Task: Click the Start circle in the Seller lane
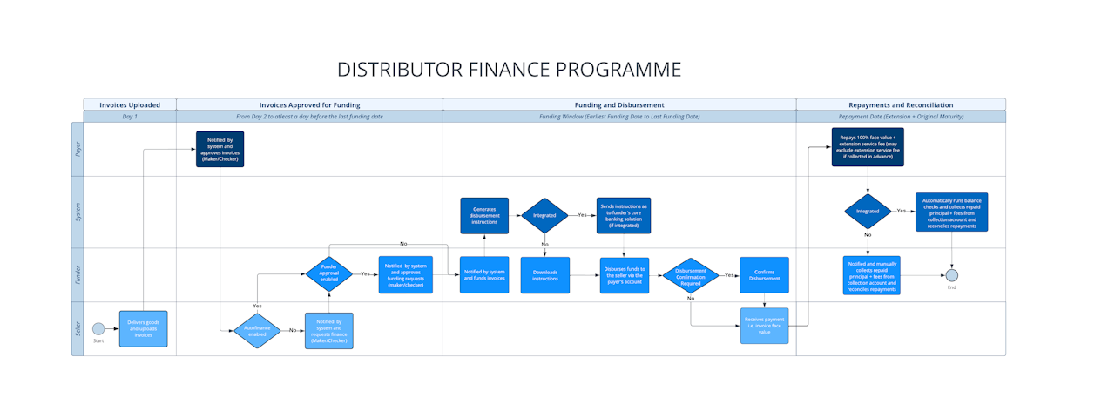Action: point(98,328)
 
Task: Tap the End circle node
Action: point(952,275)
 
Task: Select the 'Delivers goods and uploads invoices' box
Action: point(143,328)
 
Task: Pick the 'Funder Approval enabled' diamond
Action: point(329,274)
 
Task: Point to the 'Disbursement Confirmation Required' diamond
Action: point(691,275)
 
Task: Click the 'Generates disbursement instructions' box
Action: point(484,216)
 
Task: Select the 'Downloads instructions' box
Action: point(545,275)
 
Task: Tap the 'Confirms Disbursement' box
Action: point(764,275)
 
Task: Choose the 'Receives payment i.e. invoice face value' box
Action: point(764,326)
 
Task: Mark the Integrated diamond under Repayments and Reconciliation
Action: point(868,211)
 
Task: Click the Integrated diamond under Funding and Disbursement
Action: point(544,214)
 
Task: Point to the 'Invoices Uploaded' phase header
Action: point(130,104)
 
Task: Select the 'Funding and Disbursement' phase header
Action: point(619,104)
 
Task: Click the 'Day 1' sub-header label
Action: point(130,117)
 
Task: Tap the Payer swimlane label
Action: point(77,150)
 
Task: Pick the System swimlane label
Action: point(77,212)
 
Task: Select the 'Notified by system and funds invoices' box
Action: point(484,275)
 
